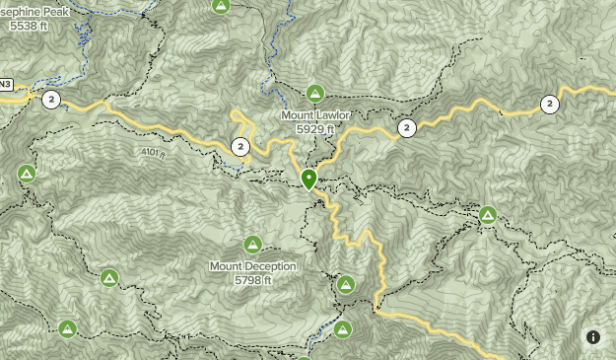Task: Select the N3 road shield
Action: [x=5, y=84]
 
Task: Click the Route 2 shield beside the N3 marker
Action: [x=51, y=99]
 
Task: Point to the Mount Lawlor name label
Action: [x=314, y=115]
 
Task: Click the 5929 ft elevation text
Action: [x=314, y=129]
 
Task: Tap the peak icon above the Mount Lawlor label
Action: [x=314, y=94]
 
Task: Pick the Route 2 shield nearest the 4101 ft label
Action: [x=240, y=148]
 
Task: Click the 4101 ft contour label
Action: [x=152, y=154]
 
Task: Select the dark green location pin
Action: [x=308, y=179]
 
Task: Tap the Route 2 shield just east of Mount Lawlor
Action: [x=406, y=127]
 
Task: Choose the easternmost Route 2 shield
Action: [x=550, y=104]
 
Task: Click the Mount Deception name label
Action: [x=252, y=266]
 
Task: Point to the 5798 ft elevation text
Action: [x=252, y=280]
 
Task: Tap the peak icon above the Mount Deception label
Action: [x=252, y=244]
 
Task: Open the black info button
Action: [x=593, y=337]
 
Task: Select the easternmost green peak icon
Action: [x=488, y=215]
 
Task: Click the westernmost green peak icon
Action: [x=27, y=174]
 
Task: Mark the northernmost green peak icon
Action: [x=221, y=6]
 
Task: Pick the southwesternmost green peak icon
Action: [x=67, y=328]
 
